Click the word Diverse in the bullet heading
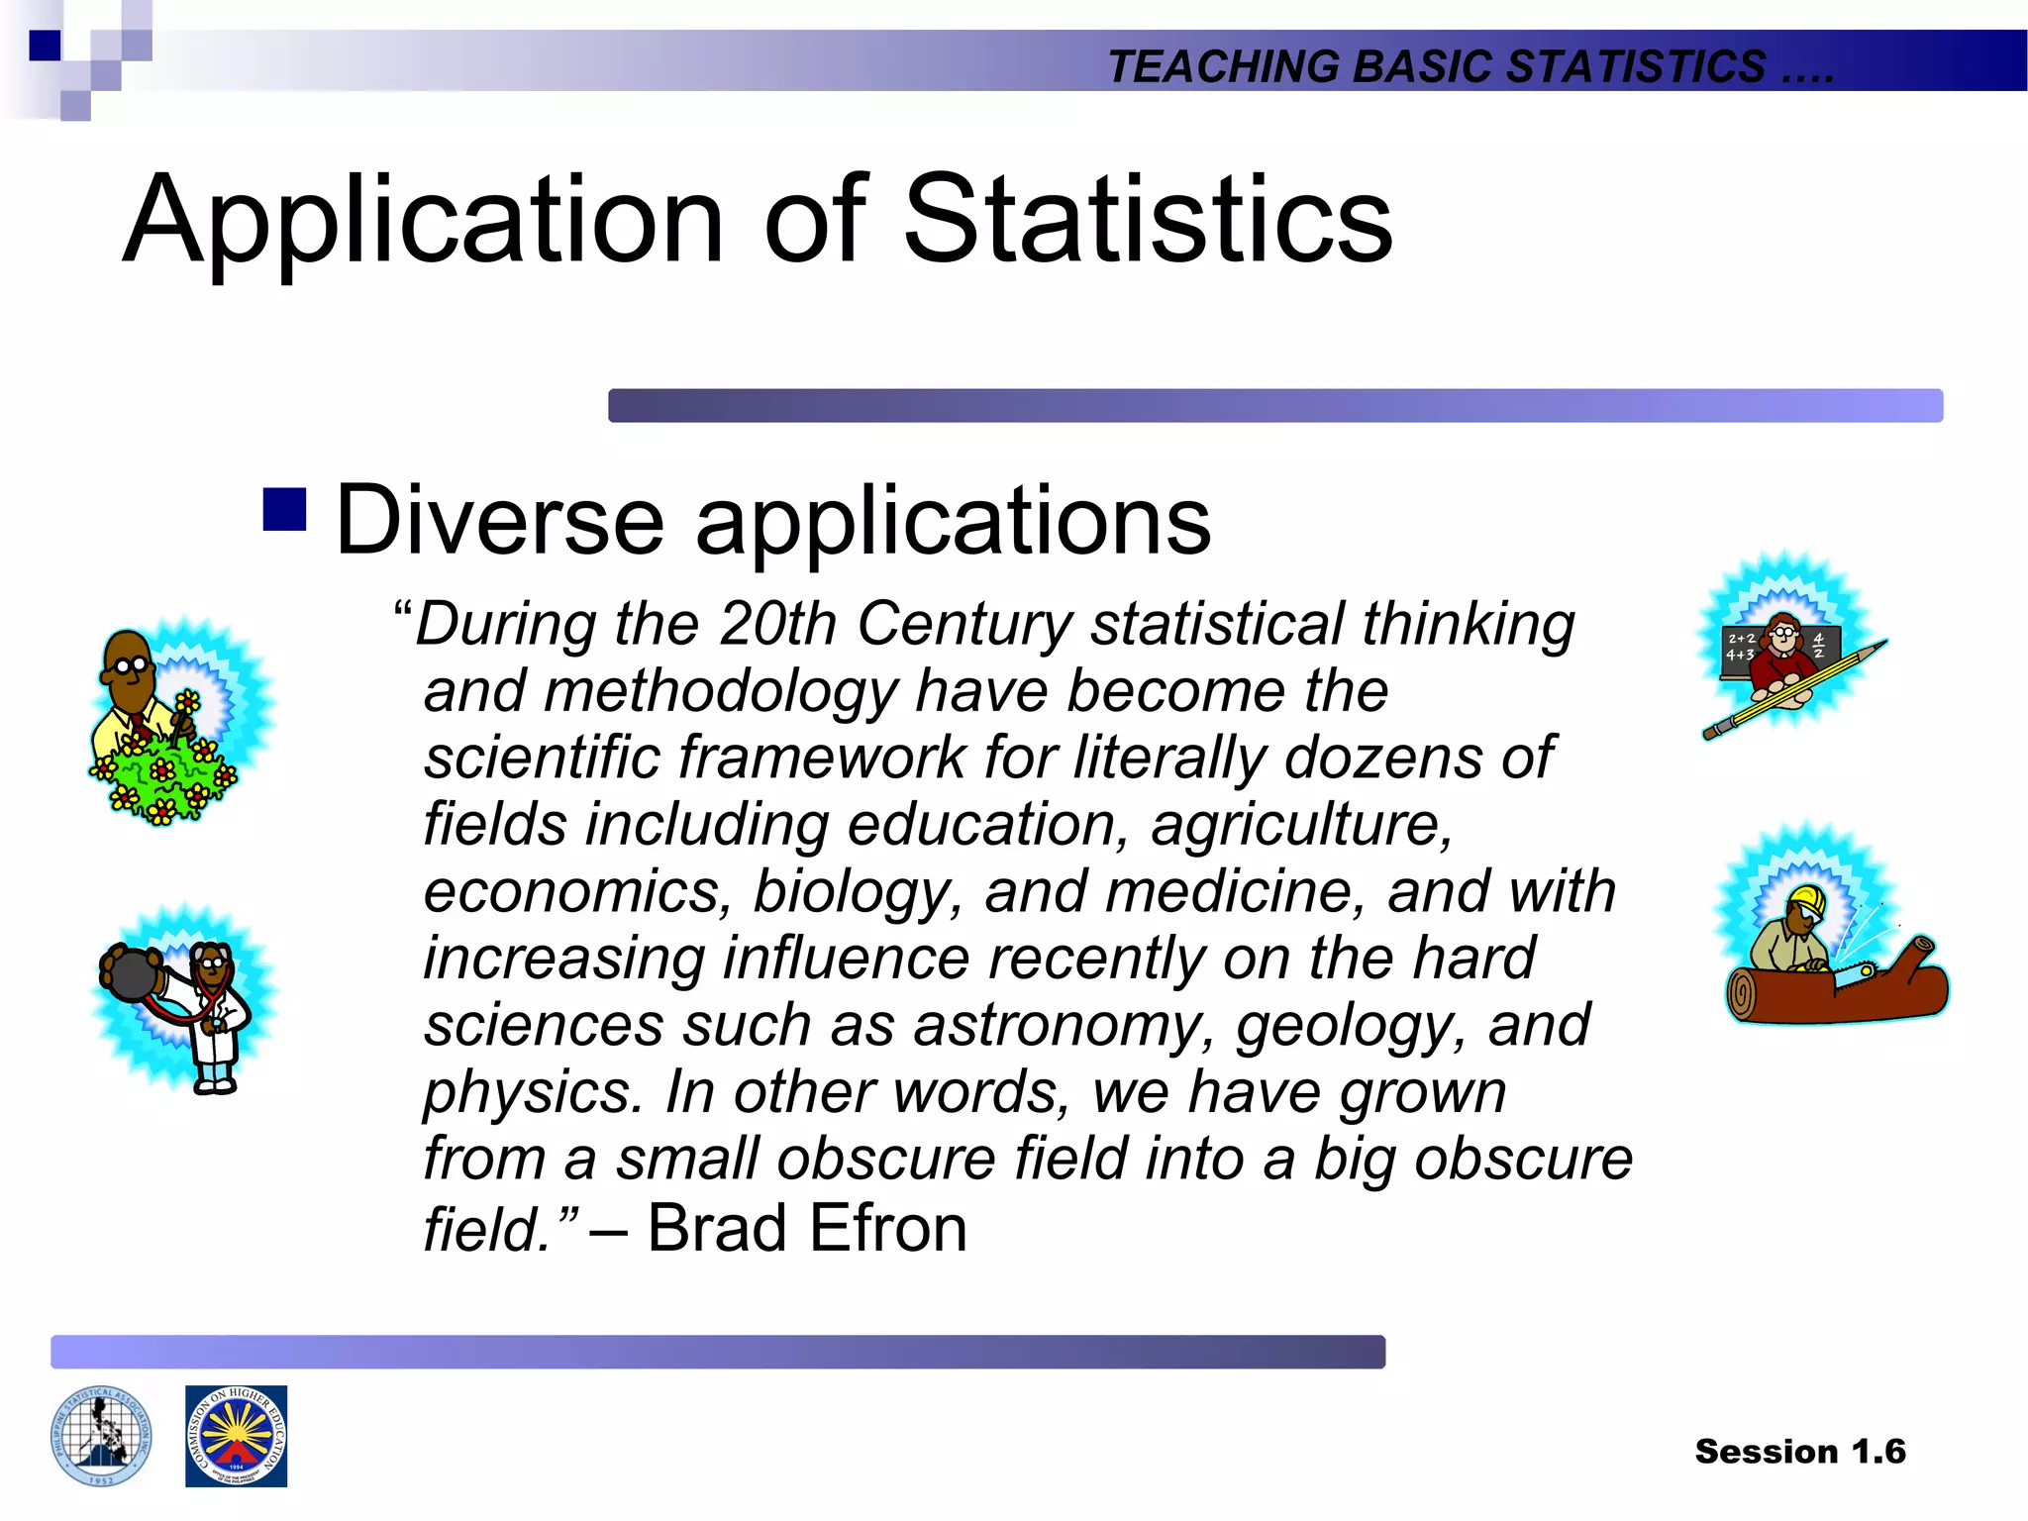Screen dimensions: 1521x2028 pos(499,521)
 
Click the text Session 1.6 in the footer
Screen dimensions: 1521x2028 pos(1799,1451)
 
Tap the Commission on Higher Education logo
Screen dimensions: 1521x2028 pos(236,1436)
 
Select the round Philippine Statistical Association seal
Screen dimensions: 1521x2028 pos(101,1436)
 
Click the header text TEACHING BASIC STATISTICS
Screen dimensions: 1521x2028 pos(1436,66)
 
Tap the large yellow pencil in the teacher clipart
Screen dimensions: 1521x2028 pos(1792,691)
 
